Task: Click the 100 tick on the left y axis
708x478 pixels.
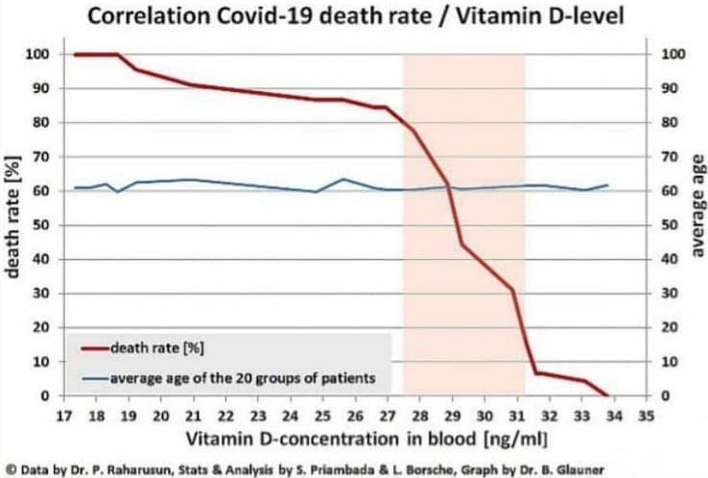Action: coord(36,55)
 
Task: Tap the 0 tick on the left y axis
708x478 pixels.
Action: coord(44,395)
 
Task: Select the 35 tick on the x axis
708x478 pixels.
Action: coord(647,416)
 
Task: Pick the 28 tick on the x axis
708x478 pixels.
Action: coord(420,416)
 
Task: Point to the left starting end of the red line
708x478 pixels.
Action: coord(76,55)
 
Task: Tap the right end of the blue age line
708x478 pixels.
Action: coord(607,185)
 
